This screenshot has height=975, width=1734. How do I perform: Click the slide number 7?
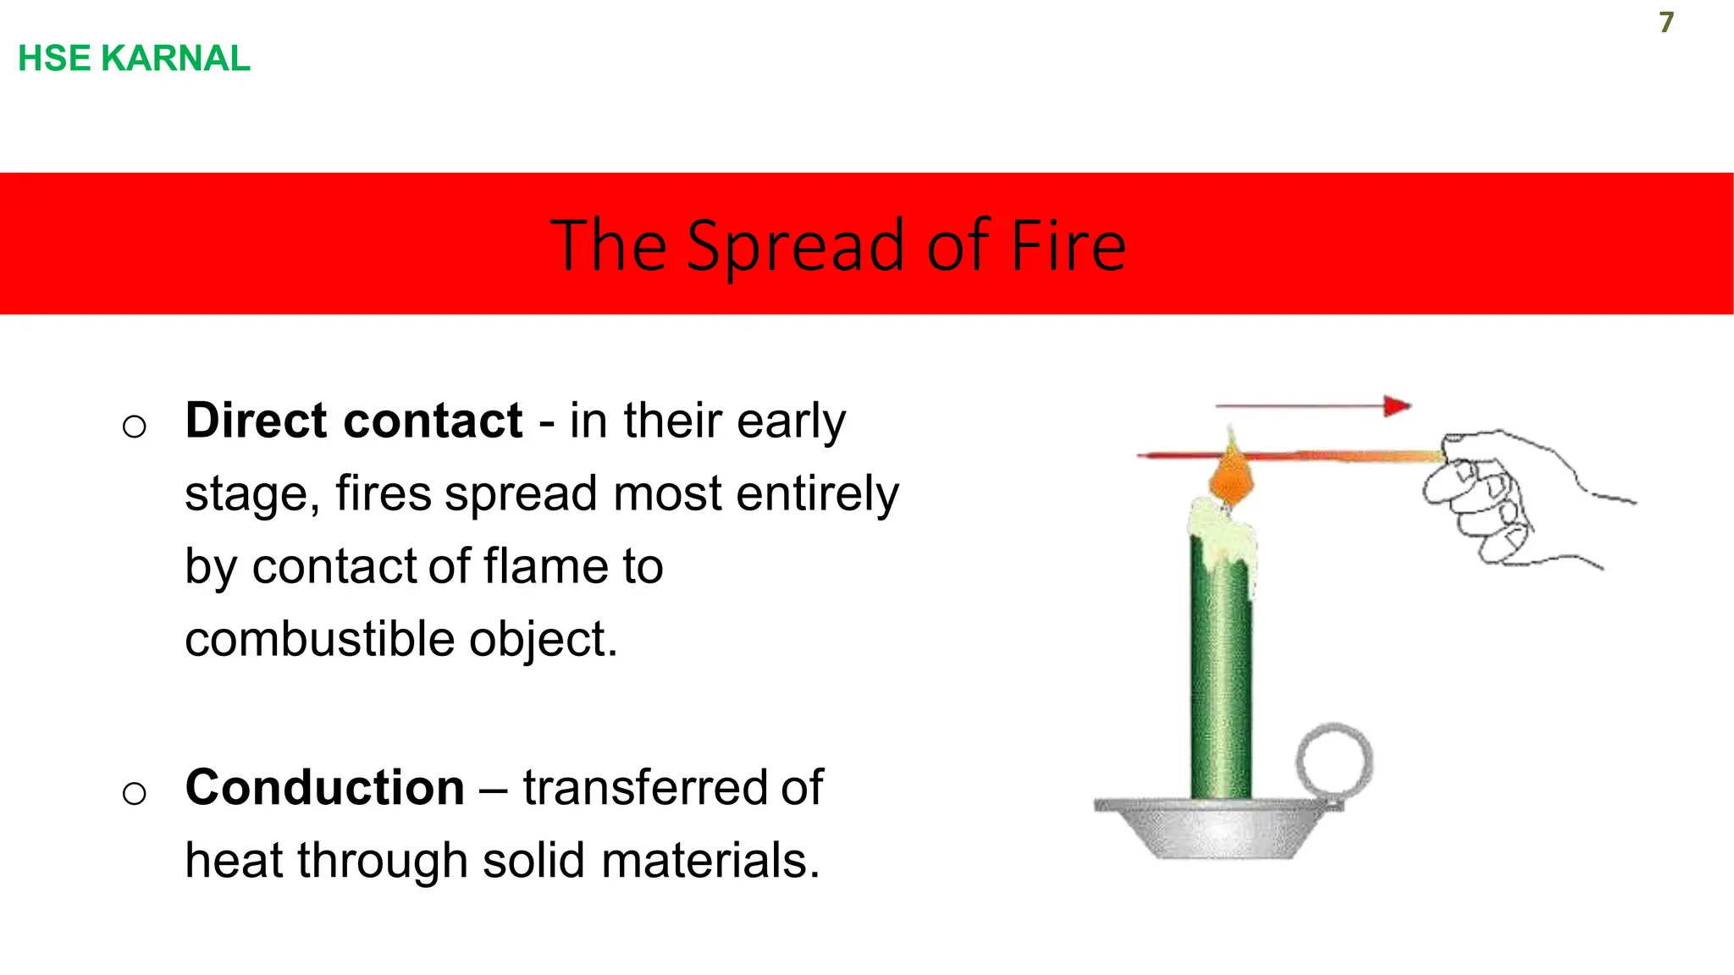[x=1665, y=22]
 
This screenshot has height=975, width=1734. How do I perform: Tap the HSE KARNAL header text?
[x=134, y=58]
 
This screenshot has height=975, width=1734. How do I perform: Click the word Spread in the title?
[x=796, y=246]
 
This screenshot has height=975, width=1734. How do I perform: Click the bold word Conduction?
[x=324, y=787]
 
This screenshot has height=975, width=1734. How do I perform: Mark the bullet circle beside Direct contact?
[x=134, y=426]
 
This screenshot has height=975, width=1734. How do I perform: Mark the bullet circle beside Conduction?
[x=134, y=793]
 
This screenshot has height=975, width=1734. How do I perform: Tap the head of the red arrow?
[x=1396, y=406]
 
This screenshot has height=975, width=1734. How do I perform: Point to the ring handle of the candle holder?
[x=1334, y=760]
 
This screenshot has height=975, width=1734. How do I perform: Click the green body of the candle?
[x=1220, y=677]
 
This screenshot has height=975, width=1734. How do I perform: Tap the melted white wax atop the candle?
[x=1219, y=533]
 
